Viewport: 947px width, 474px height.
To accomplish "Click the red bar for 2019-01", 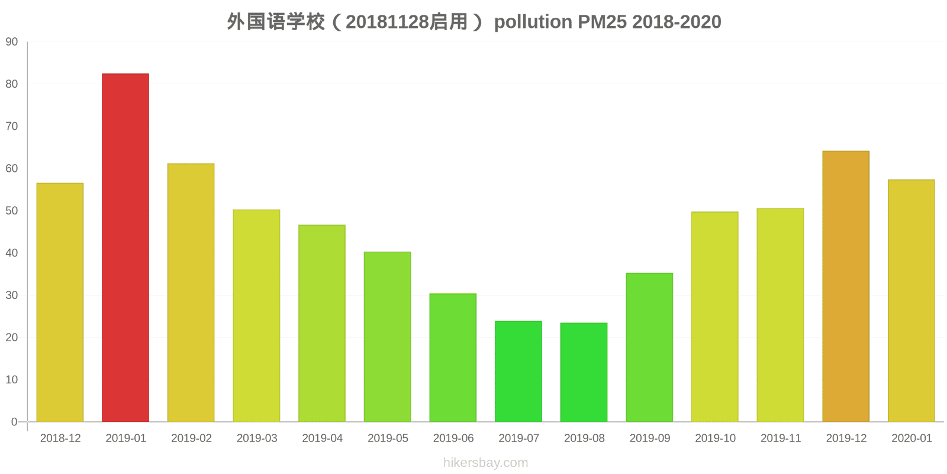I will (x=125, y=248).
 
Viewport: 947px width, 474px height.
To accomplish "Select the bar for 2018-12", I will (x=60, y=302).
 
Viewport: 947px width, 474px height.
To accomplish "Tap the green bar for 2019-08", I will (x=584, y=372).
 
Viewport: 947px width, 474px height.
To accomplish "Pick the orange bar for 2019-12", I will (x=846, y=286).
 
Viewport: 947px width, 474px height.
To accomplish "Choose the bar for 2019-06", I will (x=453, y=357).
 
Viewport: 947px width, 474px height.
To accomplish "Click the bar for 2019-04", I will (x=322, y=323).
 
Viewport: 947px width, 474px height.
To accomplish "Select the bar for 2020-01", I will (x=911, y=300).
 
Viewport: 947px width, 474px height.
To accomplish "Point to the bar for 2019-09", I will (x=649, y=347).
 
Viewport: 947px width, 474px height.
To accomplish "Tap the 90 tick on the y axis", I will (x=12, y=42).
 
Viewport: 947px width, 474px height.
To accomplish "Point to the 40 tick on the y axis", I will (x=12, y=253).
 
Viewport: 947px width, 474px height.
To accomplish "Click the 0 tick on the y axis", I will (x=14, y=422).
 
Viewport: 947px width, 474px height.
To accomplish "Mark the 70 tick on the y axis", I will (x=12, y=126).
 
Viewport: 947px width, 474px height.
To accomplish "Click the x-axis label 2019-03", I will (x=257, y=438).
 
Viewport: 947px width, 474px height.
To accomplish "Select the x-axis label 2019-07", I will (x=518, y=438).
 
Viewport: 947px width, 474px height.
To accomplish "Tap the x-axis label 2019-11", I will (x=781, y=438).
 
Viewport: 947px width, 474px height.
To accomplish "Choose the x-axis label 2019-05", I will (x=388, y=438).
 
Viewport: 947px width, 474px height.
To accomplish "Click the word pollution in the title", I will (x=533, y=22).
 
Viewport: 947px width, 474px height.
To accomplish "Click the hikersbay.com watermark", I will (x=485, y=463).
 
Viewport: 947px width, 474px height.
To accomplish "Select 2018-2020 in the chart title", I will (x=677, y=22).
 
